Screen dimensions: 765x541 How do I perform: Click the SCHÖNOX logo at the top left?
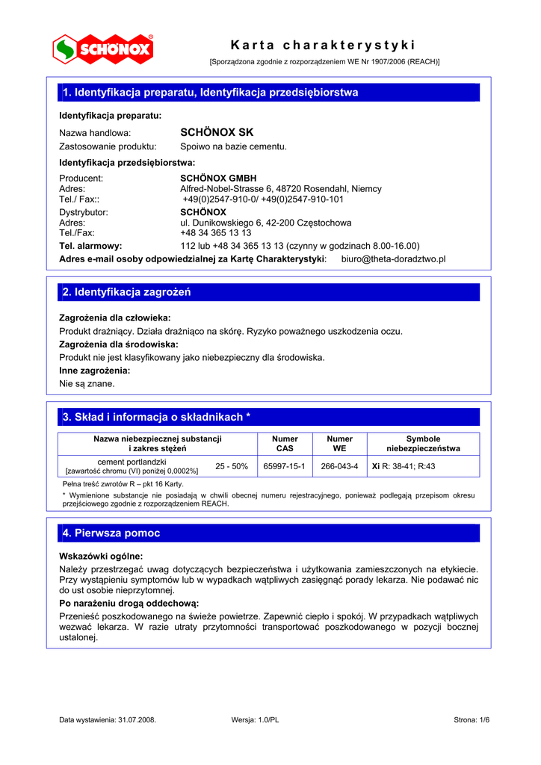pos(103,49)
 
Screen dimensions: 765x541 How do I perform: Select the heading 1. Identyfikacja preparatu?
pos(211,93)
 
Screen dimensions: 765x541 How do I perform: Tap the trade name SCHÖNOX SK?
pos(217,132)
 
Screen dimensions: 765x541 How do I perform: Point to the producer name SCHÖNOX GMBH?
pos(218,179)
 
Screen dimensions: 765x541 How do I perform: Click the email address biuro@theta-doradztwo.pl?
pos(393,258)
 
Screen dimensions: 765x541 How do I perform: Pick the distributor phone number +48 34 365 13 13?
pos(216,232)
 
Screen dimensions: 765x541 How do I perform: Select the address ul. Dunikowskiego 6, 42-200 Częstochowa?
pos(266,223)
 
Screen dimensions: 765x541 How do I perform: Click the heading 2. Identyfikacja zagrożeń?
pos(127,292)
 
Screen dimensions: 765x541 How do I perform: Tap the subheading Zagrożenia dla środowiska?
pos(119,344)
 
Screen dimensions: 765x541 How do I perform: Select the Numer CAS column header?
pos(285,444)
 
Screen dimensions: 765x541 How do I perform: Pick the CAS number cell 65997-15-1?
pos(285,466)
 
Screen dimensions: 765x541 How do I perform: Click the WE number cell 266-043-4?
pos(339,466)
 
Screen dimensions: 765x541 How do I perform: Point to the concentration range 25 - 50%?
pos(232,466)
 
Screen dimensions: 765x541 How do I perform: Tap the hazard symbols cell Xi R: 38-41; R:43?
pos(404,466)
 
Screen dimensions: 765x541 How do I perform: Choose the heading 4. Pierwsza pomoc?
pos(111,533)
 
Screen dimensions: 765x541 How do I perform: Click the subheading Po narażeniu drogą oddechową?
pos(129,603)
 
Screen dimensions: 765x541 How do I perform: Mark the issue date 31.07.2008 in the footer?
pos(136,719)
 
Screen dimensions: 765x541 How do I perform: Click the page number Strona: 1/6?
pos(472,719)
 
